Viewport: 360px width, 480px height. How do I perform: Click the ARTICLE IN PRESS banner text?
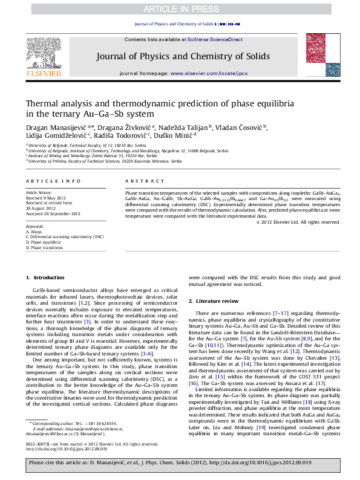[180, 8]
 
